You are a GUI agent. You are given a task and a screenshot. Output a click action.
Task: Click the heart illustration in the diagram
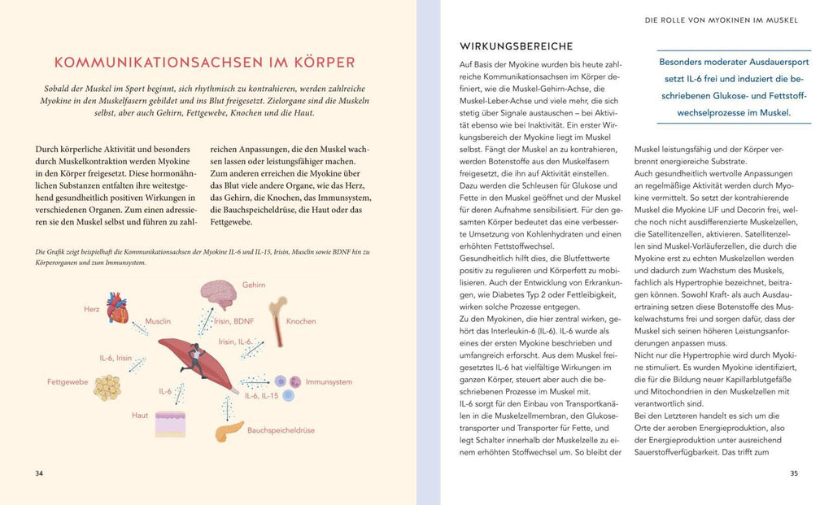(117, 308)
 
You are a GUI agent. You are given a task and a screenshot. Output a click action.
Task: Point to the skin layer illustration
(171, 423)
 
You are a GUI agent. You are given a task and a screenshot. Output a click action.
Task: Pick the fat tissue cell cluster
(107, 387)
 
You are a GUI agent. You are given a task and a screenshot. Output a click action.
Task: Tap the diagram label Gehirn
(253, 285)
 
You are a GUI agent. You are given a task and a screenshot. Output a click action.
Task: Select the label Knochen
(301, 322)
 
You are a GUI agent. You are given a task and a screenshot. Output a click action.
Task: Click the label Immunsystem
(329, 381)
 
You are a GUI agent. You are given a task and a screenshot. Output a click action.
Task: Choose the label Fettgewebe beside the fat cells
(67, 381)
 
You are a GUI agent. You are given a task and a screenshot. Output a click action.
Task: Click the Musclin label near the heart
(158, 322)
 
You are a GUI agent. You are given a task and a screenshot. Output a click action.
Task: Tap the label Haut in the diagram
(140, 415)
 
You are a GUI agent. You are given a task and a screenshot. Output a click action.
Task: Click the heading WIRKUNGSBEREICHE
(516, 46)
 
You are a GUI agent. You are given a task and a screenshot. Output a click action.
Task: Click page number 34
(39, 473)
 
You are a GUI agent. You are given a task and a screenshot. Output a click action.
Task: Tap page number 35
(794, 473)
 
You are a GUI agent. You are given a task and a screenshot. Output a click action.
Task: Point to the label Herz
(91, 309)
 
